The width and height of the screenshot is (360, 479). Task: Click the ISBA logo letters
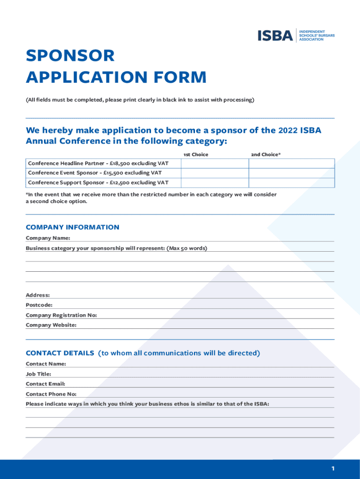point(275,36)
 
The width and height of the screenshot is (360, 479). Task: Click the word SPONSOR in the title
point(70,56)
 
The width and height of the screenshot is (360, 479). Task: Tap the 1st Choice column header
point(195,154)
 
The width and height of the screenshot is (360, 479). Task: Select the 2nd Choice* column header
point(266,154)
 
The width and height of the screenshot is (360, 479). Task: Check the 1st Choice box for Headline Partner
point(215,163)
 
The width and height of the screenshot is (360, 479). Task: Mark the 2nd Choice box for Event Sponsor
point(291,173)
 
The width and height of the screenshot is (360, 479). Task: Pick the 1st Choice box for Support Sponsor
point(215,182)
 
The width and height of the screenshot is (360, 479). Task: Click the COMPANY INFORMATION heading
point(72,227)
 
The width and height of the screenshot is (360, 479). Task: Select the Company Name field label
point(48,238)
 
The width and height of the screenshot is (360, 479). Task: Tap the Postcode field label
point(39,305)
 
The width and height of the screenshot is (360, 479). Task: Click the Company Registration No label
point(61,315)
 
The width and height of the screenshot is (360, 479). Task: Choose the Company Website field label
point(51,325)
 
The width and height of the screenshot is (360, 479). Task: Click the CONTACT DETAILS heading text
point(60,353)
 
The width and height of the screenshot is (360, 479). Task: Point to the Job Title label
point(38,374)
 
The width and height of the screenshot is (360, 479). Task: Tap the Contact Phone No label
point(51,394)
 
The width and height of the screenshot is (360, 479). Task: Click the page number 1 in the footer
point(333,469)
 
